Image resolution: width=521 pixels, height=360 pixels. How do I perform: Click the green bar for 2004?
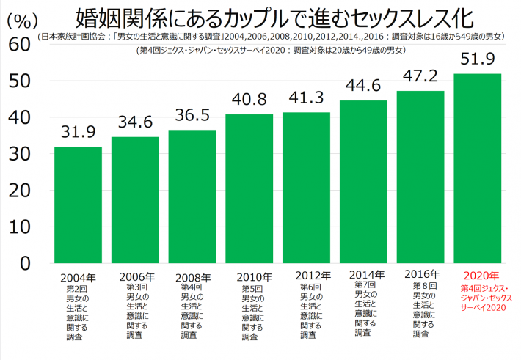pos(78,205)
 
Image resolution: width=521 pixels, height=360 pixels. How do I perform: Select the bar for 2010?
pos(249,188)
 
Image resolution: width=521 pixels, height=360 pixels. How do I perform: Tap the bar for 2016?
pos(420,177)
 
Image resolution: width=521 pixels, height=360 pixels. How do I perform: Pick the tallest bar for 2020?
pos(478,168)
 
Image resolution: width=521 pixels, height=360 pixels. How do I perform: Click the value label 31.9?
pos(78,133)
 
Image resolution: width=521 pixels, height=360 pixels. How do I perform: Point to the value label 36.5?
pos(192,117)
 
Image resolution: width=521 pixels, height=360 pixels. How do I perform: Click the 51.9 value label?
pos(478,59)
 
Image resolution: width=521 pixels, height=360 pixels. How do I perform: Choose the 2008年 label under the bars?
pos(192,278)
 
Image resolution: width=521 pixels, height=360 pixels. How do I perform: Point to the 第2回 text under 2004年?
pos(77,289)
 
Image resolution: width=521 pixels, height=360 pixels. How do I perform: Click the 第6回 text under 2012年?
pos(306,287)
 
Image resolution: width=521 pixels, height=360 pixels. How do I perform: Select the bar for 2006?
pos(135,199)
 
